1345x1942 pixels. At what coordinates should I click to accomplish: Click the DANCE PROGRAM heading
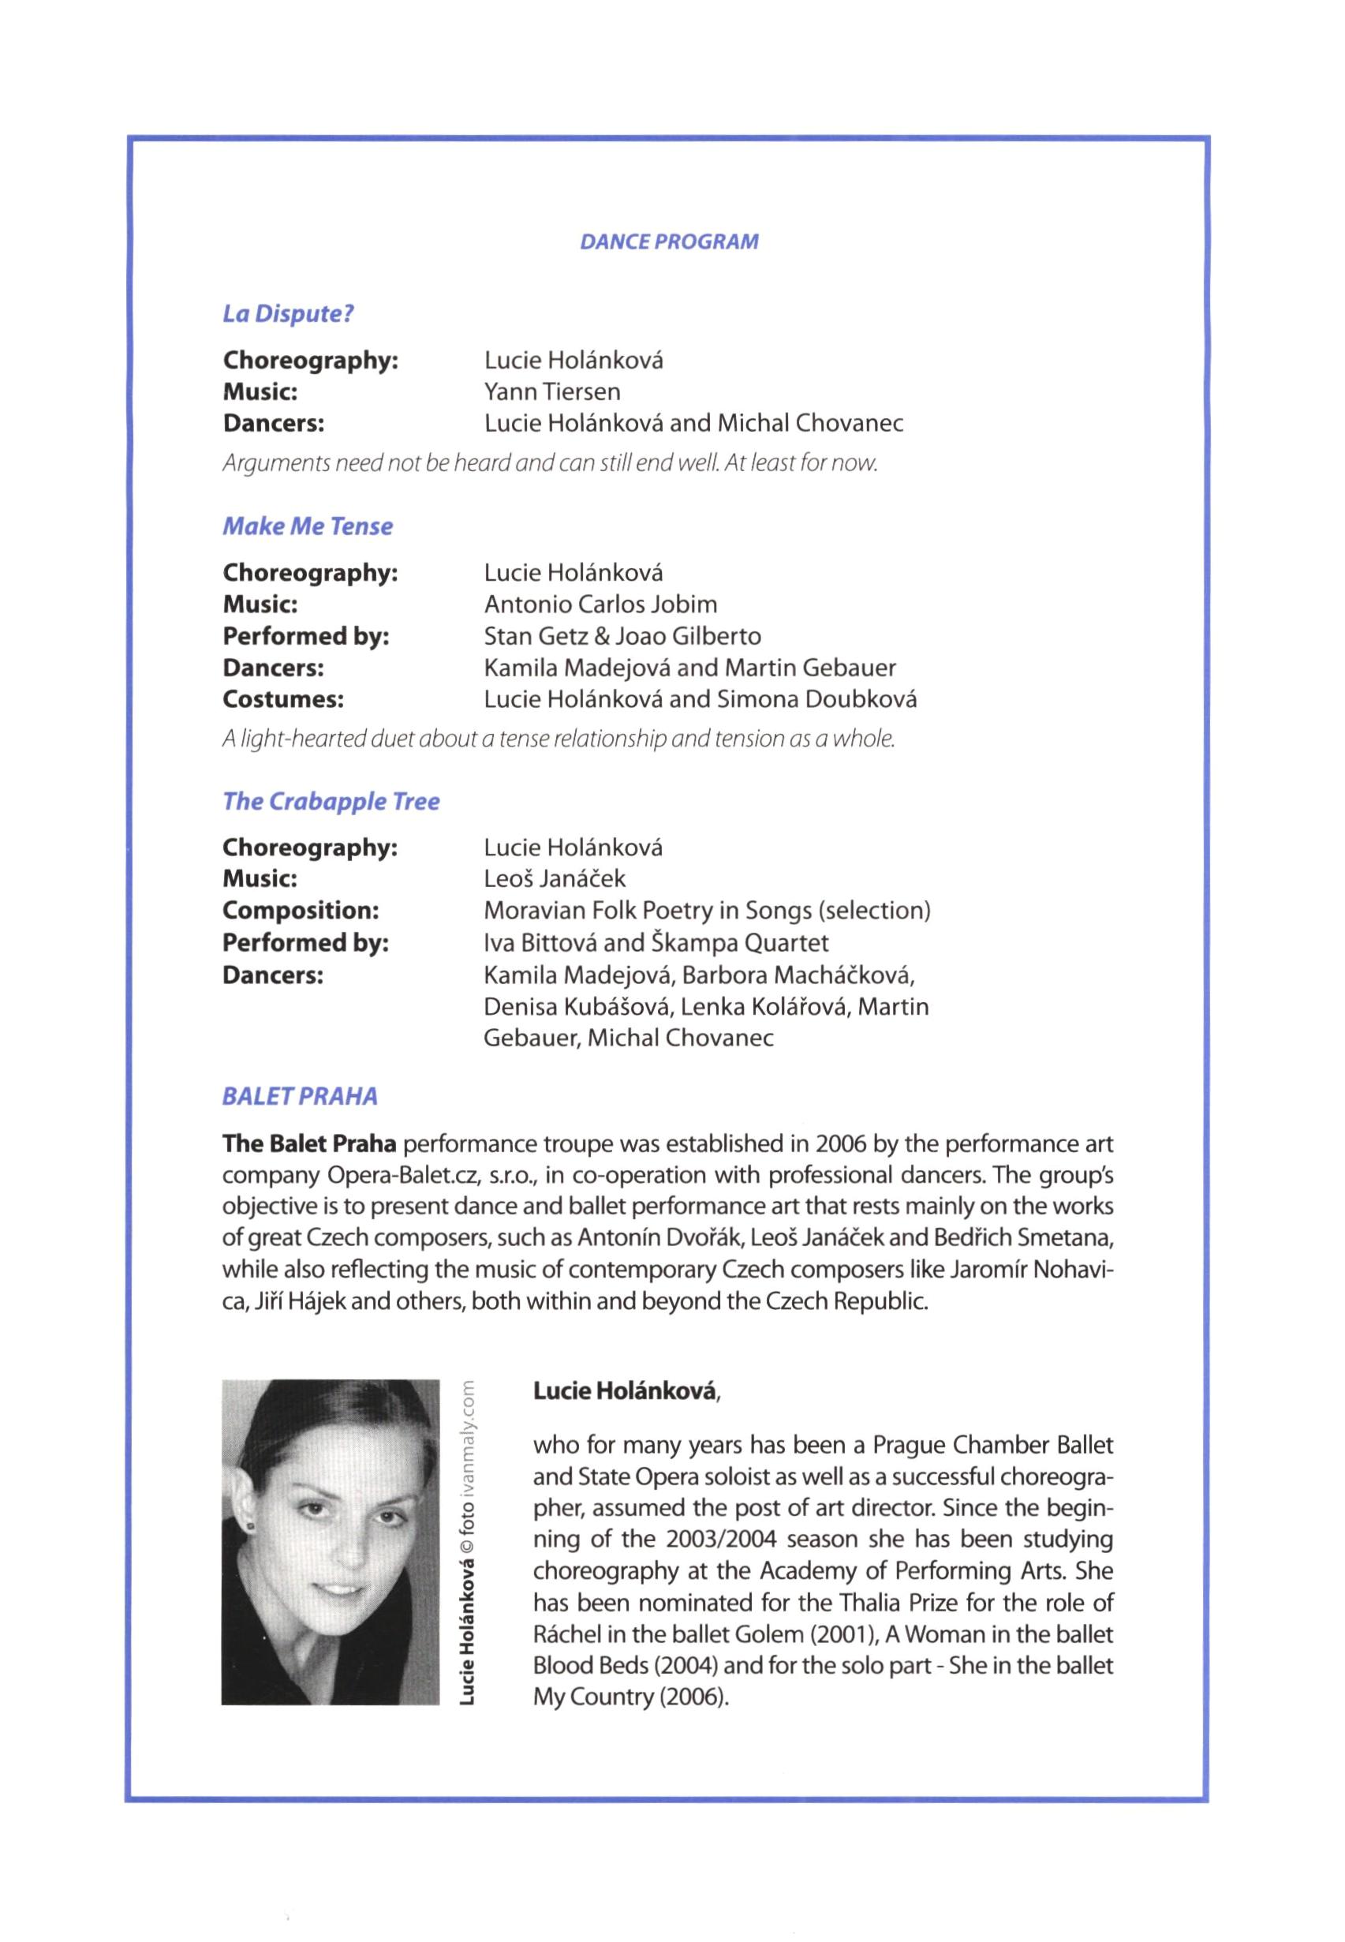tap(669, 242)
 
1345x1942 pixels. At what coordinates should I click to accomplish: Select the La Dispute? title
tap(288, 313)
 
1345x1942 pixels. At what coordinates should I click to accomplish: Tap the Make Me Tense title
tap(308, 527)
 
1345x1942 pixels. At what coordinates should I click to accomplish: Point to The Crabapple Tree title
tap(331, 802)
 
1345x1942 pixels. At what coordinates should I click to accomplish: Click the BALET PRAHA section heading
tap(300, 1097)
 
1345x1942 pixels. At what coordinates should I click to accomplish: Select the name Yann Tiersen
tap(552, 392)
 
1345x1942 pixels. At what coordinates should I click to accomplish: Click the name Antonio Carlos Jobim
tap(600, 604)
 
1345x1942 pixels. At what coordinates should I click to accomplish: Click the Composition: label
tap(301, 911)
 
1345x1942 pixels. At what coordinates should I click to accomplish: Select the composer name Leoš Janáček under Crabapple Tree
tap(555, 879)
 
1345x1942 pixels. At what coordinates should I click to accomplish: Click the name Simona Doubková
tap(816, 700)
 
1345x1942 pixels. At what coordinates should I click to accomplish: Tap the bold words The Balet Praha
tap(308, 1145)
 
